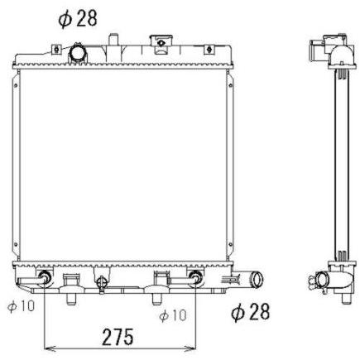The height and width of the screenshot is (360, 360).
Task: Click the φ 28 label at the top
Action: [x=78, y=19]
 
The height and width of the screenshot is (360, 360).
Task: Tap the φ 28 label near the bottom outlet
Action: [x=250, y=312]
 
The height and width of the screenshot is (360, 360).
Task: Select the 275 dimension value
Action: [x=118, y=337]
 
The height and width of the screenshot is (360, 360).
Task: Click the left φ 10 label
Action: [x=21, y=306]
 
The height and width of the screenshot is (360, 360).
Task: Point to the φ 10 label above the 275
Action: [x=173, y=315]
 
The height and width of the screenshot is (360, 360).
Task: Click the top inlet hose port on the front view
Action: [x=78, y=53]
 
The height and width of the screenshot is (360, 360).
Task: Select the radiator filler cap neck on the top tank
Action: [x=161, y=44]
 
